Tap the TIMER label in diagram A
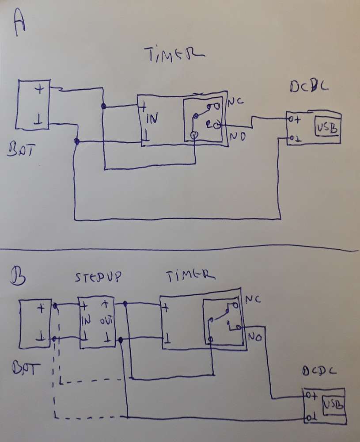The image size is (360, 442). click(174, 55)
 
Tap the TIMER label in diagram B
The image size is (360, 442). click(189, 276)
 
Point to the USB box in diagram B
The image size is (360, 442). click(333, 404)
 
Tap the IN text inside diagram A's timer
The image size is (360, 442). click(152, 118)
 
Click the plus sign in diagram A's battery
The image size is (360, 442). click(39, 89)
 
